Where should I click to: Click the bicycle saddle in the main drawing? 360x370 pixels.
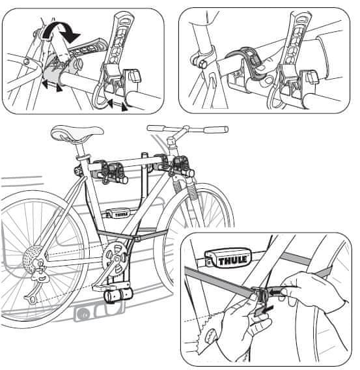click(77, 133)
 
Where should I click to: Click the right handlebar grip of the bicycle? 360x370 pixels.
click(216, 130)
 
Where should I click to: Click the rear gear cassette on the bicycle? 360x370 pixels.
click(33, 257)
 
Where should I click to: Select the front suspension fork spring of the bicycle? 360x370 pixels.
click(192, 190)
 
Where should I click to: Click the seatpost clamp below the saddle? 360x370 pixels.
click(83, 158)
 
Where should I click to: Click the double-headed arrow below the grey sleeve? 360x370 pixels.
click(51, 85)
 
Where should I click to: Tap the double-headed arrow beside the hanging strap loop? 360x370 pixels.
click(117, 105)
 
